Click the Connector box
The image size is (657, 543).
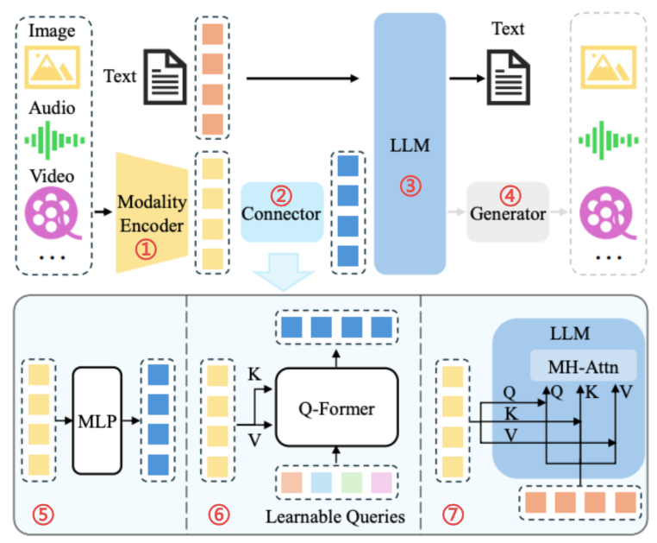(282, 212)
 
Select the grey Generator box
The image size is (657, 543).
(508, 212)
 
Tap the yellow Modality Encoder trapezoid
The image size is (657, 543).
(152, 212)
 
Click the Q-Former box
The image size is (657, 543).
(336, 407)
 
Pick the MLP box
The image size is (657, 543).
(97, 420)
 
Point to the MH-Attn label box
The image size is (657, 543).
(583, 366)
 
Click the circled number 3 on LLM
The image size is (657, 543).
(410, 186)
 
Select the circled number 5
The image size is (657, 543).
(43, 514)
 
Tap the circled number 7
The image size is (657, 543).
(453, 514)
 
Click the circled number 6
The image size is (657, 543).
(219, 514)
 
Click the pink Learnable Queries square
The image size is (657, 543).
(381, 483)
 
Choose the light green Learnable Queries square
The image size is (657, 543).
(352, 483)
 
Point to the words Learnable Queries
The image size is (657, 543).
(335, 516)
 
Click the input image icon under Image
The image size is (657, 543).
(52, 67)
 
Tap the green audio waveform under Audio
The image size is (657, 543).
(54, 140)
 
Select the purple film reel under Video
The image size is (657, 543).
(53, 212)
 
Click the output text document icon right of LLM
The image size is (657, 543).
(508, 77)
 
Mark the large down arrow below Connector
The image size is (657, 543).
(284, 271)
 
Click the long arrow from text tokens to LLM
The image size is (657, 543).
(303, 79)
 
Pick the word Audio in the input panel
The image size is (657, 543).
(52, 108)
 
